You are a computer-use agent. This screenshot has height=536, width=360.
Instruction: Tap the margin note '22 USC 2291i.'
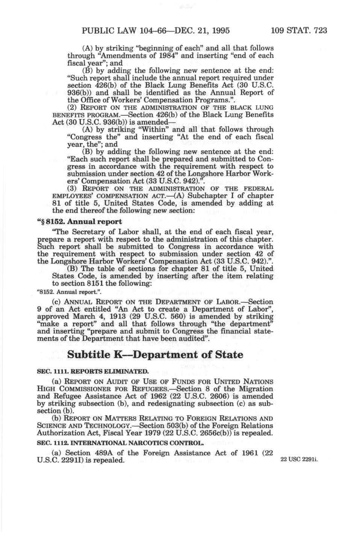click(299, 460)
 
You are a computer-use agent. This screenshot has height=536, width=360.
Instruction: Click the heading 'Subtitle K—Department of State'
click(155, 354)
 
